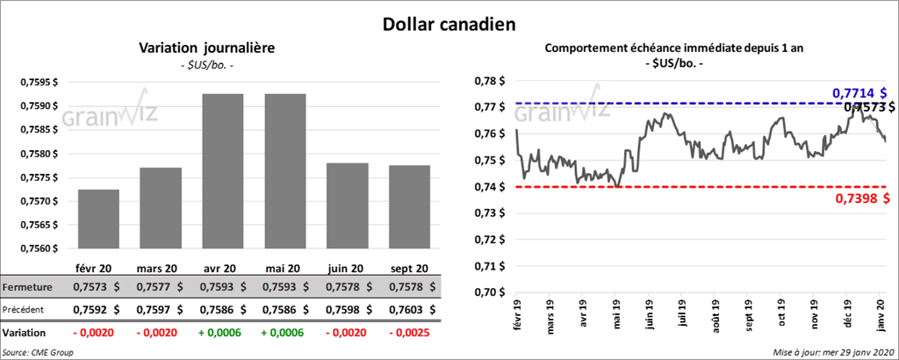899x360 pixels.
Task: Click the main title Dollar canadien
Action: pyautogui.click(x=449, y=22)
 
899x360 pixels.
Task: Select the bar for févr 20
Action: pyautogui.click(x=98, y=219)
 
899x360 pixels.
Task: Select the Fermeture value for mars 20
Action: pyautogui.click(x=159, y=287)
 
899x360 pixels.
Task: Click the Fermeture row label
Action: pyautogui.click(x=27, y=287)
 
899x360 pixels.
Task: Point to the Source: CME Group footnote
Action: pyautogui.click(x=39, y=351)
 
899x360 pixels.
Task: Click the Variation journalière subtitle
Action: pyautogui.click(x=206, y=48)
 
